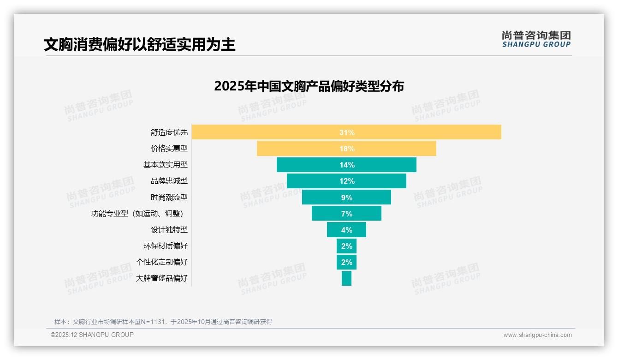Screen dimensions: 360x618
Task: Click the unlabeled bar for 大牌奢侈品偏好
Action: [346, 278]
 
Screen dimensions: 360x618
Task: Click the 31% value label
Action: [347, 132]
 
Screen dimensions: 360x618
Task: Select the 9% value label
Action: [347, 198]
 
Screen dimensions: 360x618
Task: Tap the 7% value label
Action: [347, 214]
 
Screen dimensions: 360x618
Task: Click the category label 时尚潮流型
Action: [169, 198]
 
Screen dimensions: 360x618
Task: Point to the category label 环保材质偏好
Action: [165, 246]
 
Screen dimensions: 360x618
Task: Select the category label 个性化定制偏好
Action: [161, 262]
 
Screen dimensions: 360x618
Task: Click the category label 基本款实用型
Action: [165, 165]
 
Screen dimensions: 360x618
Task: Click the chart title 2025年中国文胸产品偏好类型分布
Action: [309, 86]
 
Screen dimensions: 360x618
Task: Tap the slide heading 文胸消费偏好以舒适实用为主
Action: [139, 45]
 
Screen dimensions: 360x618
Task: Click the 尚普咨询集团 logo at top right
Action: [536, 39]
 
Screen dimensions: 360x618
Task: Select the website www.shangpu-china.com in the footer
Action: [537, 335]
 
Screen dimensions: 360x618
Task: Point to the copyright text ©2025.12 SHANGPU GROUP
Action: [92, 335]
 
